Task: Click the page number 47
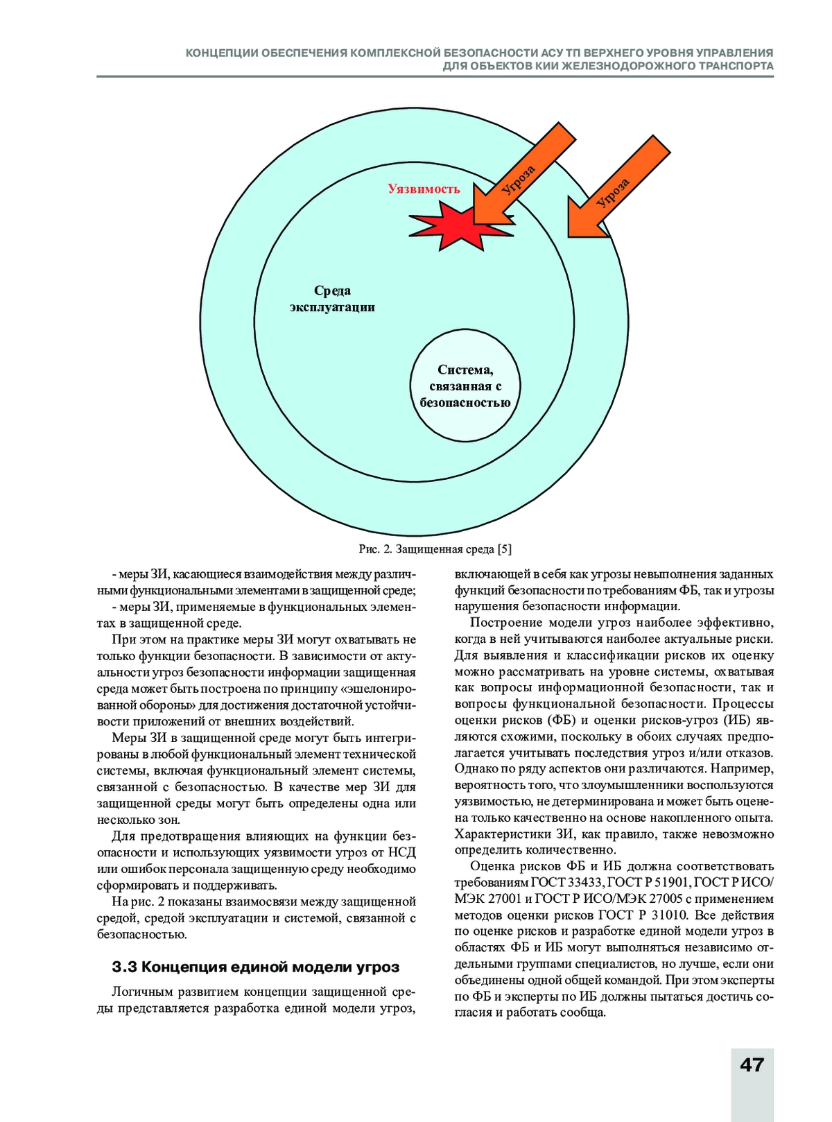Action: [752, 1064]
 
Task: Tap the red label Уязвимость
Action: [424, 189]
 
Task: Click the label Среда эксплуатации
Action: [332, 299]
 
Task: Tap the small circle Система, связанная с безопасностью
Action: [465, 386]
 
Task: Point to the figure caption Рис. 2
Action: [376, 549]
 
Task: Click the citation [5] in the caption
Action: [505, 549]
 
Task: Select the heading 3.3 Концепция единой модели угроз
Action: [256, 967]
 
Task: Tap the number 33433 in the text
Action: [587, 882]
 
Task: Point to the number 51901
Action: [670, 882]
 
